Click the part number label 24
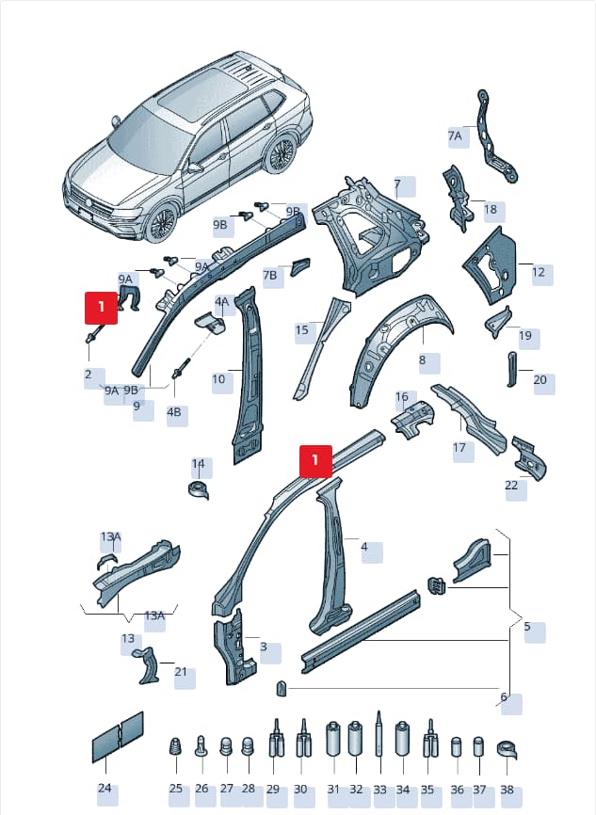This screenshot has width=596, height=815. click(x=105, y=788)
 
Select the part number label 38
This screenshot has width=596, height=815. click(x=507, y=790)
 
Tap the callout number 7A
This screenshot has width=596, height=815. click(x=455, y=136)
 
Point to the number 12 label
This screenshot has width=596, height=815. click(x=539, y=272)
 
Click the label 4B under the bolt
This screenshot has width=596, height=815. click(x=173, y=411)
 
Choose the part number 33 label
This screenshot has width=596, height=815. click(x=380, y=790)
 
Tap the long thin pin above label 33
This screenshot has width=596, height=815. click(x=379, y=733)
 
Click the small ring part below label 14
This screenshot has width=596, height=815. click(x=198, y=490)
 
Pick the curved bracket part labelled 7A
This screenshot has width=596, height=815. click(x=495, y=136)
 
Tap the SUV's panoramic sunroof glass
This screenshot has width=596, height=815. click(x=191, y=92)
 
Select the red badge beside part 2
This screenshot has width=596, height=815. click(x=102, y=308)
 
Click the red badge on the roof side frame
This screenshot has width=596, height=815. click(x=315, y=461)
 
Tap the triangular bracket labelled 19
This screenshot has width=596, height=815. click(x=498, y=322)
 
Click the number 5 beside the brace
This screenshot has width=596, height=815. click(x=527, y=627)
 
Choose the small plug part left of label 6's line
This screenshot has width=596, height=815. click(x=282, y=688)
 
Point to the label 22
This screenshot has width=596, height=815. click(x=512, y=485)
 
